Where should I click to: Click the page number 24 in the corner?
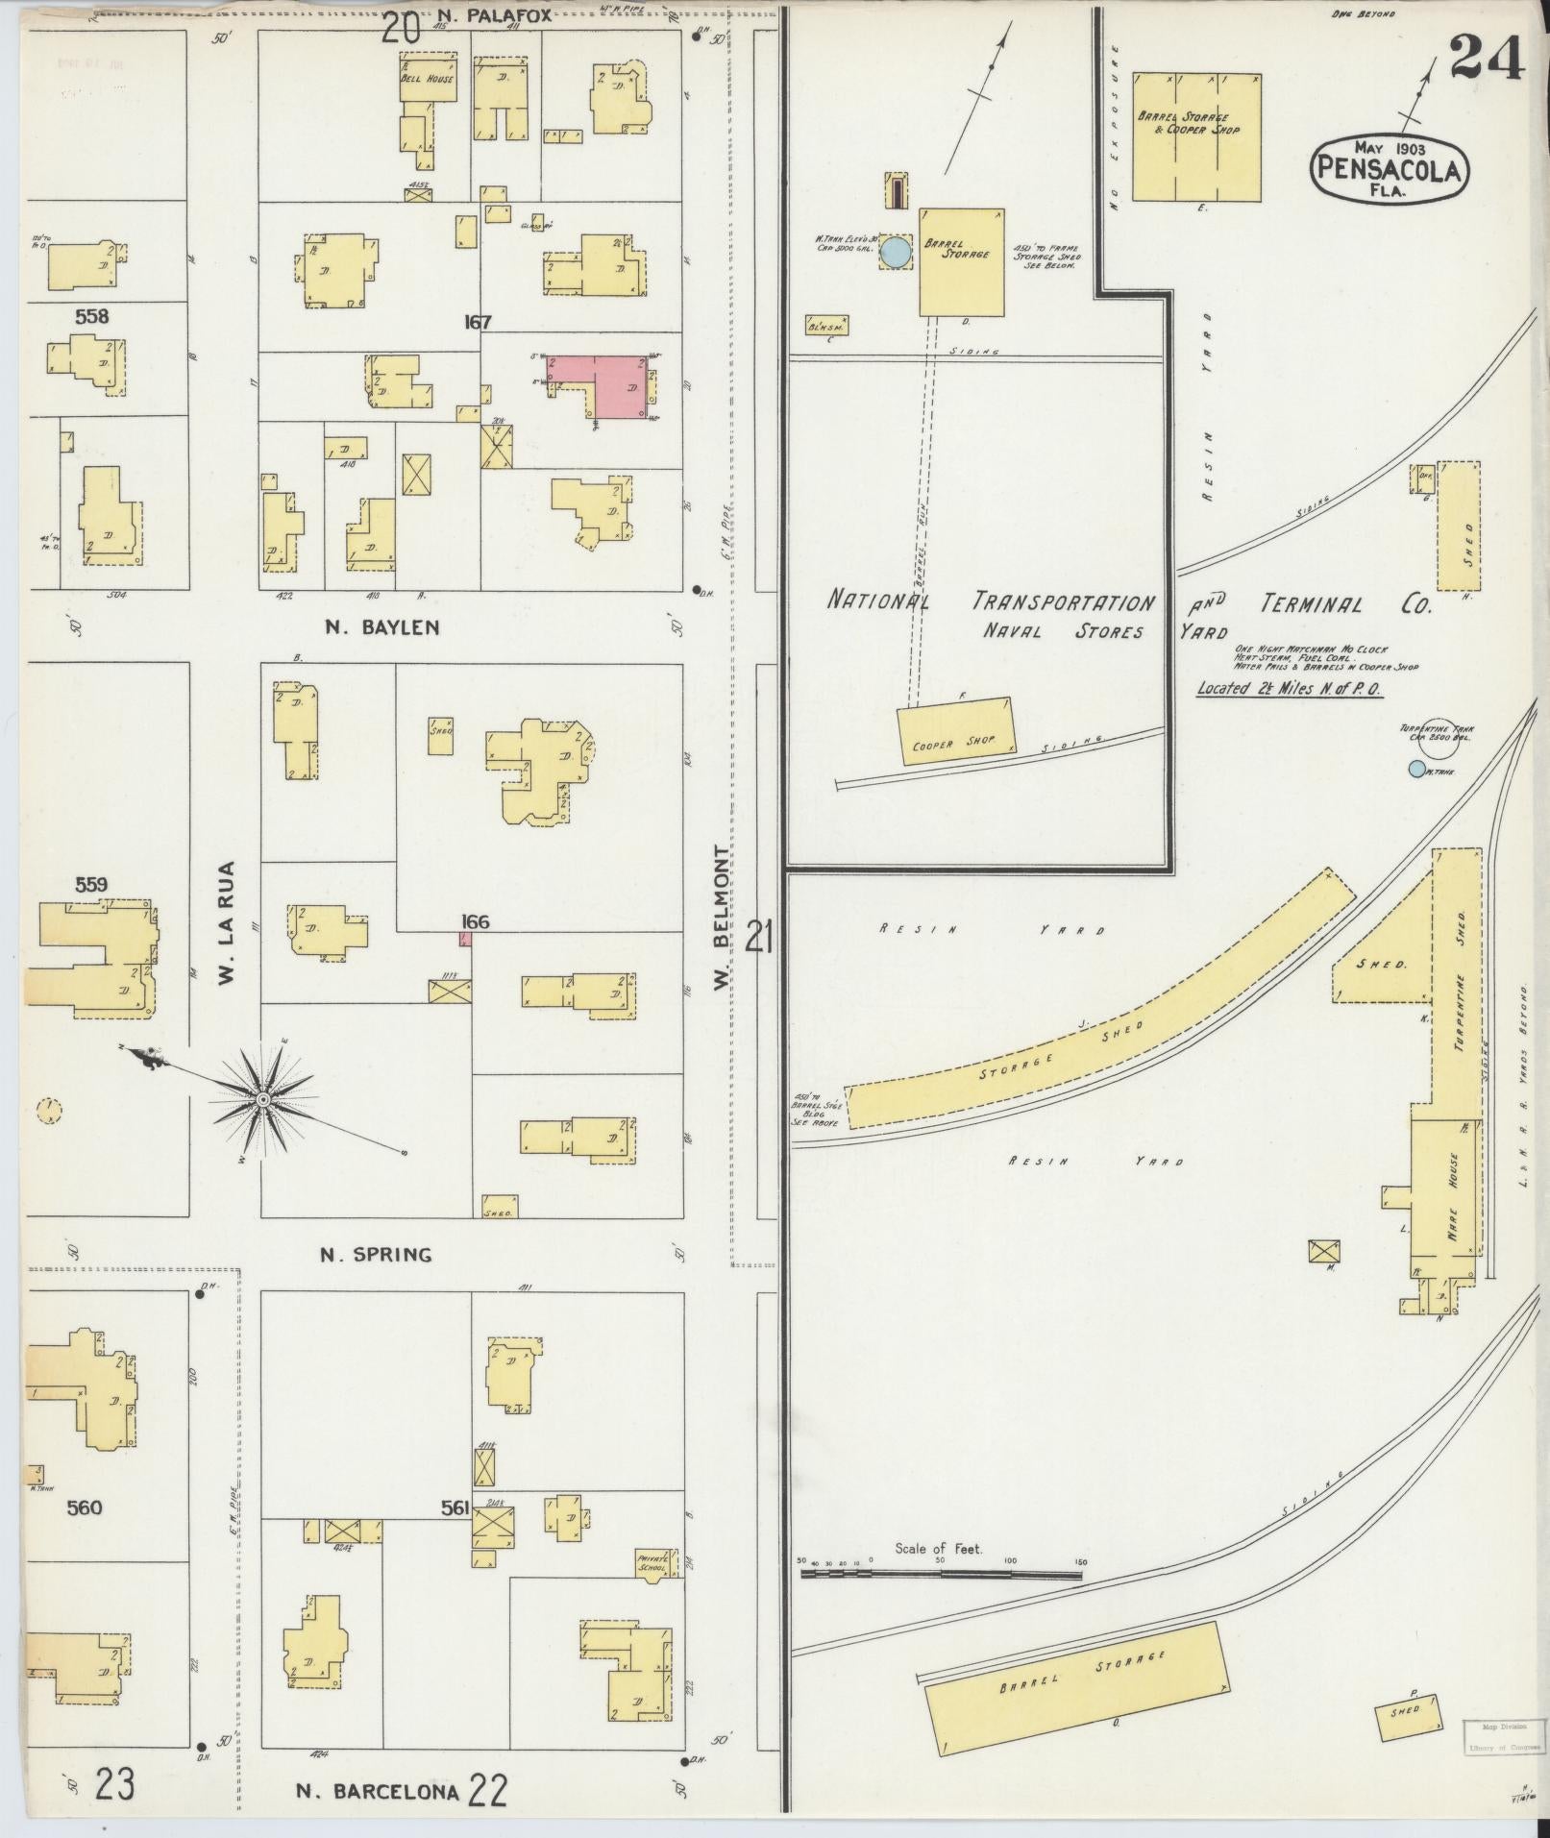[x=1486, y=60]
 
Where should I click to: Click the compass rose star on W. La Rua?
[x=262, y=1097]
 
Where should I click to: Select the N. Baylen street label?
[x=381, y=627]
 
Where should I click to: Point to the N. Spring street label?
[x=376, y=1254]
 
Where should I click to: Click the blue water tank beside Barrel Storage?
[x=896, y=253]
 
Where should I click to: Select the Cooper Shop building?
[x=956, y=731]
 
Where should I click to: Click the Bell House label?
[x=427, y=79]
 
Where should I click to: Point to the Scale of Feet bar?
[x=942, y=1576]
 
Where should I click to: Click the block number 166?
[x=475, y=922]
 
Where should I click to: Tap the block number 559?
[x=91, y=885]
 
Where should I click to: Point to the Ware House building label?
[x=1453, y=1196]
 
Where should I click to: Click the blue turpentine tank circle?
[x=1415, y=769]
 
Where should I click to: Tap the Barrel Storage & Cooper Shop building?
[x=1195, y=136]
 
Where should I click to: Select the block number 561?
[x=455, y=1509]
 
